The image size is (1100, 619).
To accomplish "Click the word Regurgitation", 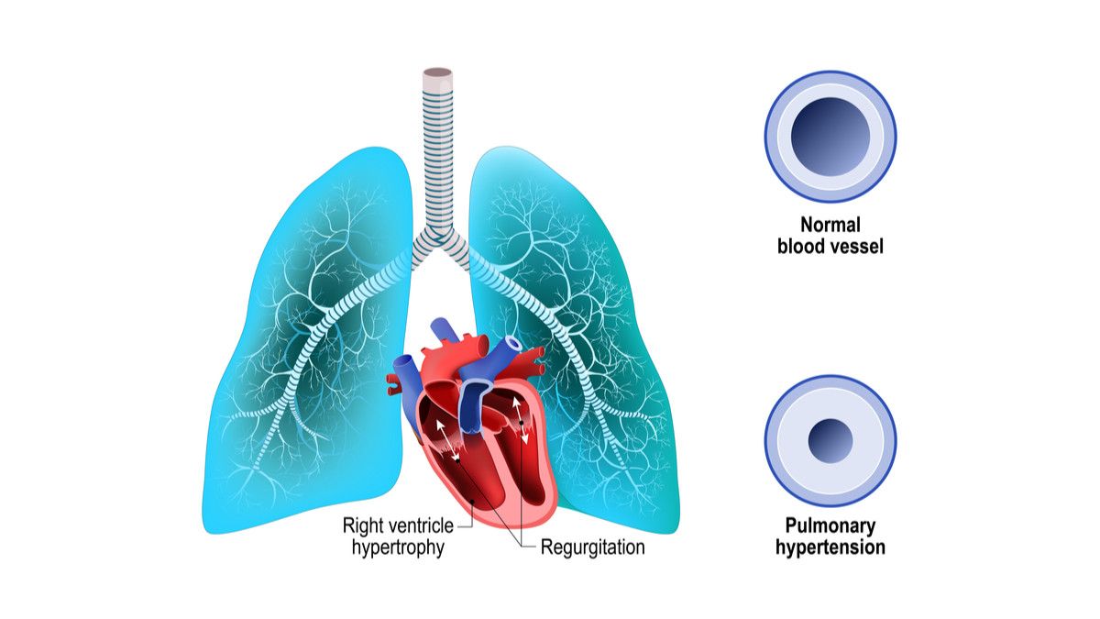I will (x=592, y=547).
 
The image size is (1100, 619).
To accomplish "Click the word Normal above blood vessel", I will (x=830, y=225).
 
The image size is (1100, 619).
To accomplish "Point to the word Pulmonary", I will (x=830, y=525).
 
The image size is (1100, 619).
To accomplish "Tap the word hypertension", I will (x=830, y=547).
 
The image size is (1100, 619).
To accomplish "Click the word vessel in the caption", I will (x=857, y=246).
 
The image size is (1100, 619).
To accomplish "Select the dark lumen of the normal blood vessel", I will (x=830, y=136).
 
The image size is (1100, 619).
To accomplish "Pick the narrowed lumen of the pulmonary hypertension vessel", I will (x=830, y=440).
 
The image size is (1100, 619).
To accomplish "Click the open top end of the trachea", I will (x=438, y=72).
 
